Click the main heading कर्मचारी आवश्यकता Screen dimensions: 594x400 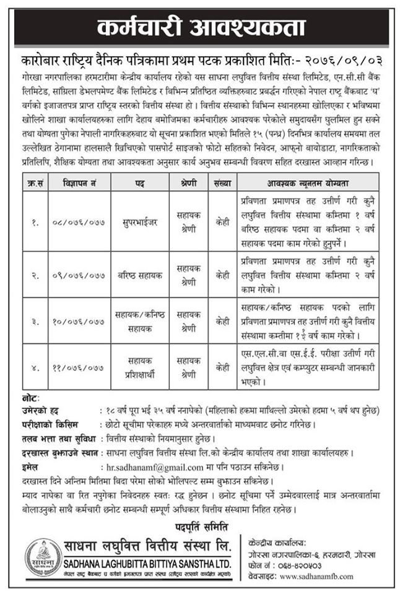point(201,27)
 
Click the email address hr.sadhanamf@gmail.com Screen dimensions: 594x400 point(154,468)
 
